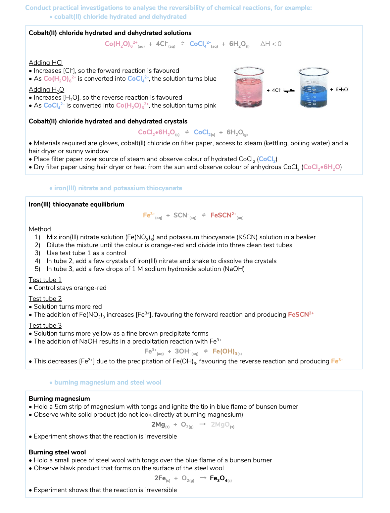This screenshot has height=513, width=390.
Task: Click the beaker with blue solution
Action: click(314, 88)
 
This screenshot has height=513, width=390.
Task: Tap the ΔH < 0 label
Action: click(271, 44)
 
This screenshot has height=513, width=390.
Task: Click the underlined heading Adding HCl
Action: click(46, 63)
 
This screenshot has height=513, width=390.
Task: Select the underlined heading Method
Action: click(40, 229)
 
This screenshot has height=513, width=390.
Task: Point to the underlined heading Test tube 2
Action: click(45, 299)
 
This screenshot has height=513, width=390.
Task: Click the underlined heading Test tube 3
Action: click(45, 326)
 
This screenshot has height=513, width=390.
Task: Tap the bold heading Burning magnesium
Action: click(59, 399)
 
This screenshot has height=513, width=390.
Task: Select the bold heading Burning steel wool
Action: click(57, 452)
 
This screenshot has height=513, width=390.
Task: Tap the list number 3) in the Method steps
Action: click(38, 253)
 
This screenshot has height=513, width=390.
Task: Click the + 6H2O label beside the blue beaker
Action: click(339, 90)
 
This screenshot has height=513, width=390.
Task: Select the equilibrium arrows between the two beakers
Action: click(289, 91)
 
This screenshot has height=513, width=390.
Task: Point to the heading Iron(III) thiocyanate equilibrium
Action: click(76, 205)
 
